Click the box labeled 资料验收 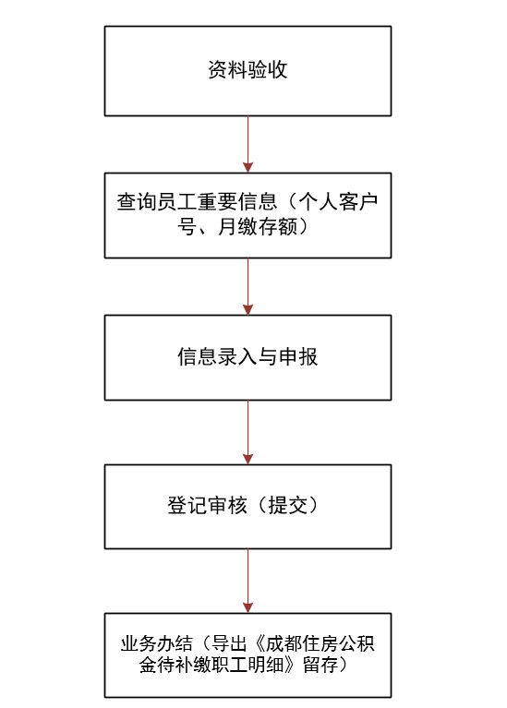pos(247,71)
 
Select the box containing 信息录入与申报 pos(247,357)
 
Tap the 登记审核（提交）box pos(247,507)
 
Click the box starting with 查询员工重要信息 pos(247,215)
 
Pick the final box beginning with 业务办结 pos(247,655)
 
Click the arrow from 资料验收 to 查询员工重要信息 pos(247,144)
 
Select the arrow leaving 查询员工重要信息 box pos(247,286)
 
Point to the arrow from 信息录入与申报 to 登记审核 pos(247,432)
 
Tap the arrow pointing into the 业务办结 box pos(247,581)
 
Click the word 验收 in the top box pos(268,70)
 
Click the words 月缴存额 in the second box pos(258,226)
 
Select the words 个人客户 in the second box pos(338,201)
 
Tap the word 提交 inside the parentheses pos(288,505)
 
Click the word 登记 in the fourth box pos(187,505)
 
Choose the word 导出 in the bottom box pos(229,643)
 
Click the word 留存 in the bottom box pos(320,665)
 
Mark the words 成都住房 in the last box pos(302,643)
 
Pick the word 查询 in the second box pos(137,201)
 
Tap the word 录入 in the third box pos(237,356)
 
